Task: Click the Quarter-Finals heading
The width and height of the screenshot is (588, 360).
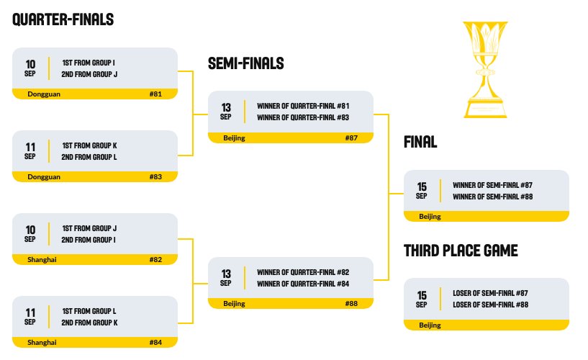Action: point(63,19)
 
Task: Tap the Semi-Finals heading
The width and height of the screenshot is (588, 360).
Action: point(246,63)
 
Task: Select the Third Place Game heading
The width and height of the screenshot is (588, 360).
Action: point(461,251)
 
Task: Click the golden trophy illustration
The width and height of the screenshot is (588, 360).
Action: point(485,69)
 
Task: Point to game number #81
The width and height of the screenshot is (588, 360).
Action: point(155,94)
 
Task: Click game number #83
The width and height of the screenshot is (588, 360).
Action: point(155,176)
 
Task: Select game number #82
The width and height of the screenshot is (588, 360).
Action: point(155,259)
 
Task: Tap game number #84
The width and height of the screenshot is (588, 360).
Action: point(155,343)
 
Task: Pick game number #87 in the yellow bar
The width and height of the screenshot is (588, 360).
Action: point(351,138)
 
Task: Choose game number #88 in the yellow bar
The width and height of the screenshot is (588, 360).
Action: point(351,303)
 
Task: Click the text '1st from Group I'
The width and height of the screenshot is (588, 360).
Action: point(89,63)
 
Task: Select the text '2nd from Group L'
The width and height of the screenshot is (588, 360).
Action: point(89,157)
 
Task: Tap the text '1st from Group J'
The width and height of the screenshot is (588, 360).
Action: point(89,228)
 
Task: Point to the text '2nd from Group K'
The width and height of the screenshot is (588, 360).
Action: point(90,323)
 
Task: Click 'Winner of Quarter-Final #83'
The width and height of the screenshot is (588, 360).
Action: point(303,117)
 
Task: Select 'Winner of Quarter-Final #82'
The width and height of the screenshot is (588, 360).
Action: point(303,272)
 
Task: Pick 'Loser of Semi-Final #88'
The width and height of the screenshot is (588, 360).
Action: point(491,305)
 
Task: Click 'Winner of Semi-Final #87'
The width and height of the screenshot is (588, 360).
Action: point(493,185)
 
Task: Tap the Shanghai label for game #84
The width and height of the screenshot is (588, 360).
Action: point(42,343)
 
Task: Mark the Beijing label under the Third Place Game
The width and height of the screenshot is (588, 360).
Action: point(430,325)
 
